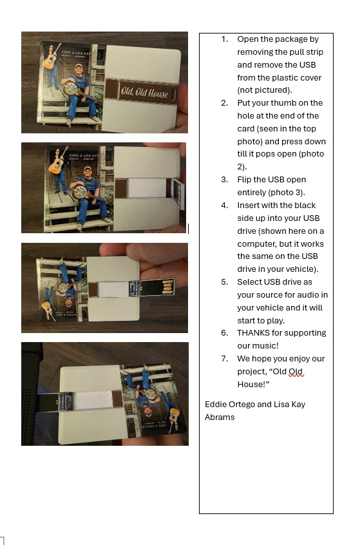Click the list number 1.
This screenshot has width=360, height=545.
pyautogui.click(x=225, y=39)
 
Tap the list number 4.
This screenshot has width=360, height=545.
pyautogui.click(x=225, y=206)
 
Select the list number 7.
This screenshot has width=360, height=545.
pyautogui.click(x=225, y=359)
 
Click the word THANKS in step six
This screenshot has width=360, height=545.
pyautogui.click(x=253, y=333)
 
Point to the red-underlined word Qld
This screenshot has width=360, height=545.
pyautogui.click(x=296, y=372)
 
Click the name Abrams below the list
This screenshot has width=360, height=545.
pyautogui.click(x=220, y=417)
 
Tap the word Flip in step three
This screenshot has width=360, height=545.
pyautogui.click(x=244, y=180)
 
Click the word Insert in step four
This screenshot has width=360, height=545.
pyautogui.click(x=248, y=206)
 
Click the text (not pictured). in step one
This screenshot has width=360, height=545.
pyautogui.click(x=265, y=90)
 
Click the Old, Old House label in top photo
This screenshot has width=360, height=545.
pyautogui.click(x=145, y=92)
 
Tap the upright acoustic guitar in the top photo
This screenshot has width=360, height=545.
pyautogui.click(x=51, y=57)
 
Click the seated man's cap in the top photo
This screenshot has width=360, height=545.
pyautogui.click(x=79, y=66)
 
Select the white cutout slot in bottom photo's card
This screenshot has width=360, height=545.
pyautogui.click(x=93, y=400)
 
